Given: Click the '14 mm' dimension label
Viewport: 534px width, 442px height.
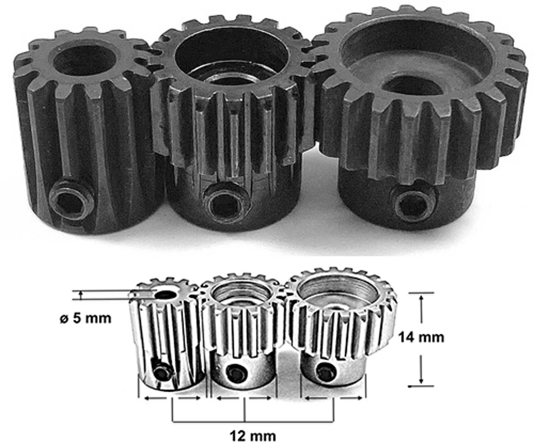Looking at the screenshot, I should point(421,337).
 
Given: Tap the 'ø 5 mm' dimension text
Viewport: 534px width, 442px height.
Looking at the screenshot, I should point(85,318).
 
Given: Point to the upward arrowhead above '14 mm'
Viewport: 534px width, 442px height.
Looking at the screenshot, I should point(421,298).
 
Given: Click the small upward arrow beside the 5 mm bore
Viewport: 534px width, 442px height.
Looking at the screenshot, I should point(81,294).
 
